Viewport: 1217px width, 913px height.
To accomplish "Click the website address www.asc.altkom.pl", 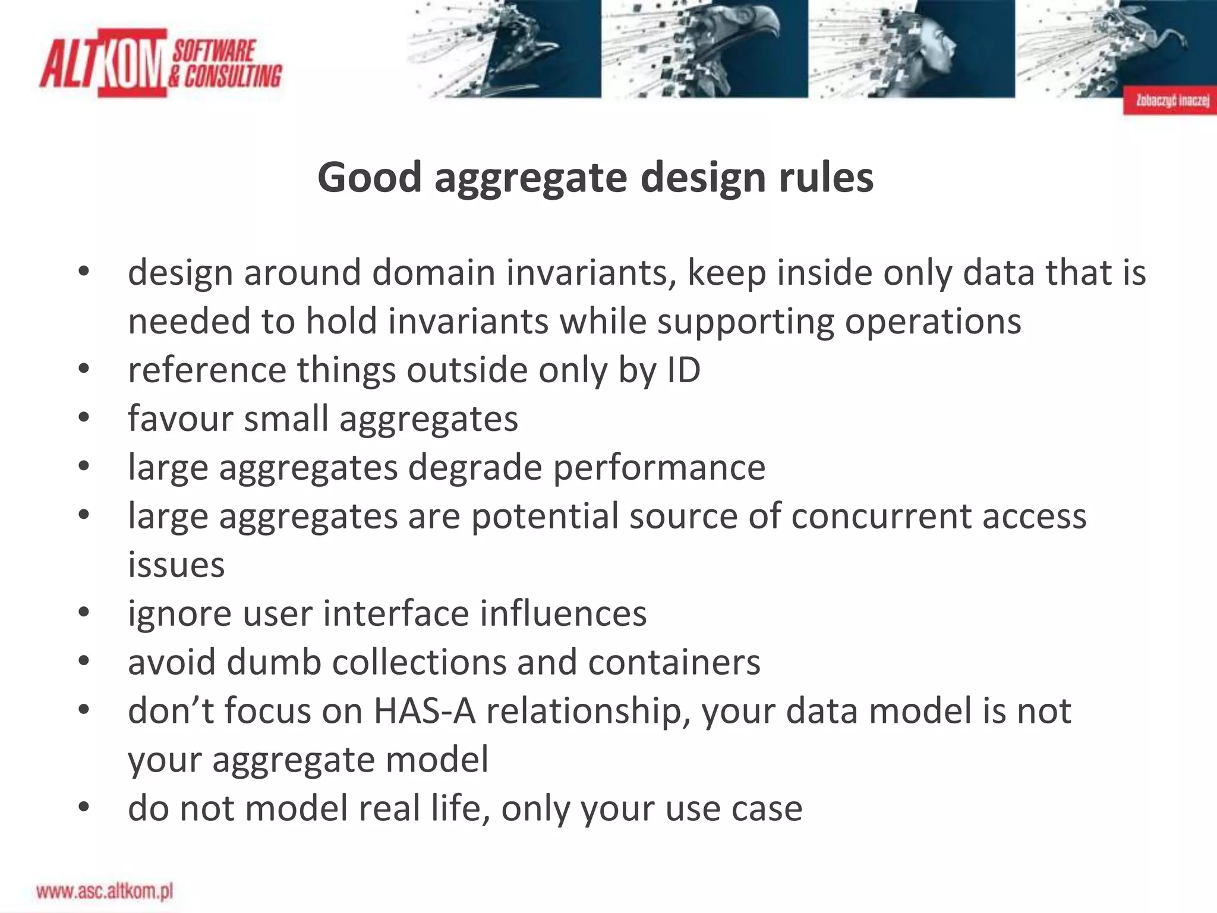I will coord(105,891).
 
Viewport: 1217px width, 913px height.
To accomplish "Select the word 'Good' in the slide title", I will coord(369,178).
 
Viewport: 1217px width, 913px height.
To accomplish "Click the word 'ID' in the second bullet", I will coord(684,370).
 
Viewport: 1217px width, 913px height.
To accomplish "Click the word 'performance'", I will coord(659,468).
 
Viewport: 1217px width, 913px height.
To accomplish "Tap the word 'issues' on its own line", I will coord(176,565).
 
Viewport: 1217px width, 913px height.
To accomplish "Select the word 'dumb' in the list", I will coord(274,662).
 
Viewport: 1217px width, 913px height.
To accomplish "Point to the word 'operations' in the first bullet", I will coord(933,322).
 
